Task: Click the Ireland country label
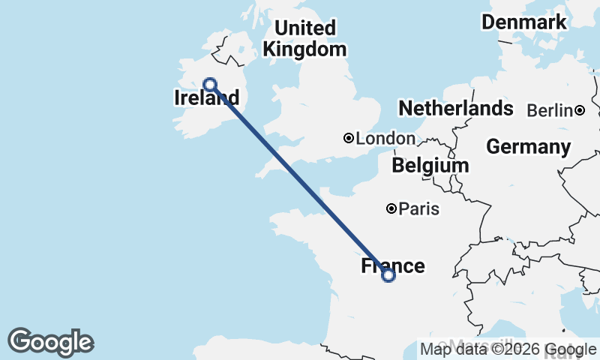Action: [x=206, y=98]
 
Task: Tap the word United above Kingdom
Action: [x=304, y=28]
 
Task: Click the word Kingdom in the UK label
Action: [x=304, y=49]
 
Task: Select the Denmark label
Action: [x=523, y=22]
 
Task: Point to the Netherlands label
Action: [x=455, y=109]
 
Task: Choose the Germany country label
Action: [x=528, y=147]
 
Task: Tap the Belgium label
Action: [x=430, y=165]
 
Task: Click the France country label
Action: [x=393, y=266]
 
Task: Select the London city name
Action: [x=385, y=139]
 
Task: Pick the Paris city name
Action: [x=419, y=209]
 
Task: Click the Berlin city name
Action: [x=550, y=111]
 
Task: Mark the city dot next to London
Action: [x=349, y=138]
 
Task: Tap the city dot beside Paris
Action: [x=391, y=208]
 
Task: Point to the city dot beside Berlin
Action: [x=580, y=110]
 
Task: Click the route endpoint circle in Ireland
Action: [x=211, y=85]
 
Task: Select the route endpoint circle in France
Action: [x=388, y=275]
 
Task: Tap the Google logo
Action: [x=50, y=342]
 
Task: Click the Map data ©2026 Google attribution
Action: [x=508, y=349]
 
